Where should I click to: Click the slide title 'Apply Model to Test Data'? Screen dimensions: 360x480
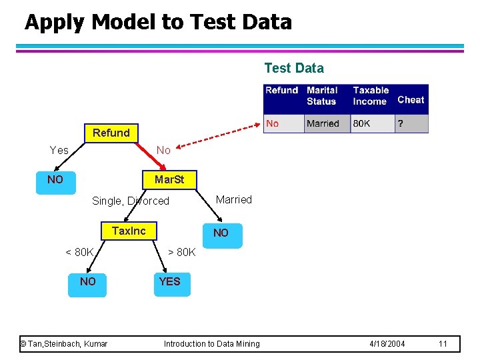point(158,23)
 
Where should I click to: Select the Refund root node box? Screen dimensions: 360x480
point(111,133)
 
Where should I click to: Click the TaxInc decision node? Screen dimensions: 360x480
point(129,231)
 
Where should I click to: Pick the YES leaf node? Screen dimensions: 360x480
point(169,282)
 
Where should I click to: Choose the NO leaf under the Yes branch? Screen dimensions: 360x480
point(55,180)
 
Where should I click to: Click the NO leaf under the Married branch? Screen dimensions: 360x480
point(221,233)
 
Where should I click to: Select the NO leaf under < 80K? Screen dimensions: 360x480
point(87,282)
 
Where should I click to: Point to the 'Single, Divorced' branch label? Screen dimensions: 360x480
point(131,201)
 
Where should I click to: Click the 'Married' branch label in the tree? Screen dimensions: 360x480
point(234,199)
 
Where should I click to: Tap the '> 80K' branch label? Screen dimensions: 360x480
point(181,252)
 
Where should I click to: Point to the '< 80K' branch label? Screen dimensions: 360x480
point(79,252)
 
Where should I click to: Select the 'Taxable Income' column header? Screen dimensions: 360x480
point(371,95)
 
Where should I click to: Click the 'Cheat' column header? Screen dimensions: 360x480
point(411,100)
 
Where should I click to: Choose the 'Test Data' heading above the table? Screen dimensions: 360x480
point(294,68)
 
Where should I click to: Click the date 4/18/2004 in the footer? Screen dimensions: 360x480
point(387,343)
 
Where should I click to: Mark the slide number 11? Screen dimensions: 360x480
point(443,343)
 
